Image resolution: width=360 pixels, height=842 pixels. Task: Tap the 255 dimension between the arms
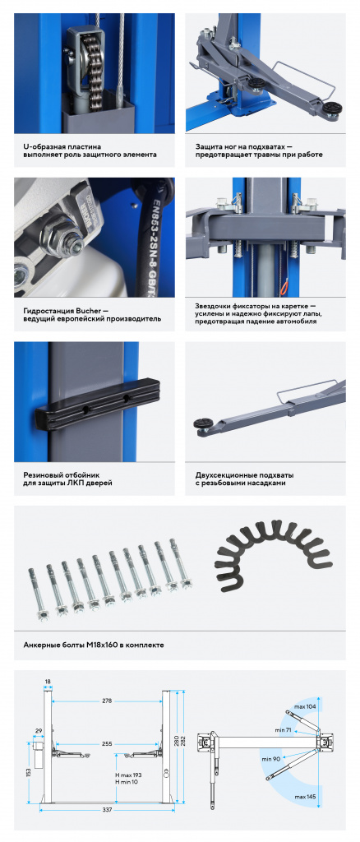[x=108, y=744]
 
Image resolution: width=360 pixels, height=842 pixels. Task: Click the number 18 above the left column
[x=48, y=682]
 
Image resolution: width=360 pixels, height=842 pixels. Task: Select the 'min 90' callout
[x=272, y=759]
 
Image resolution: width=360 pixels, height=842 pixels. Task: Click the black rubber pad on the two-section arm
[x=204, y=423]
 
